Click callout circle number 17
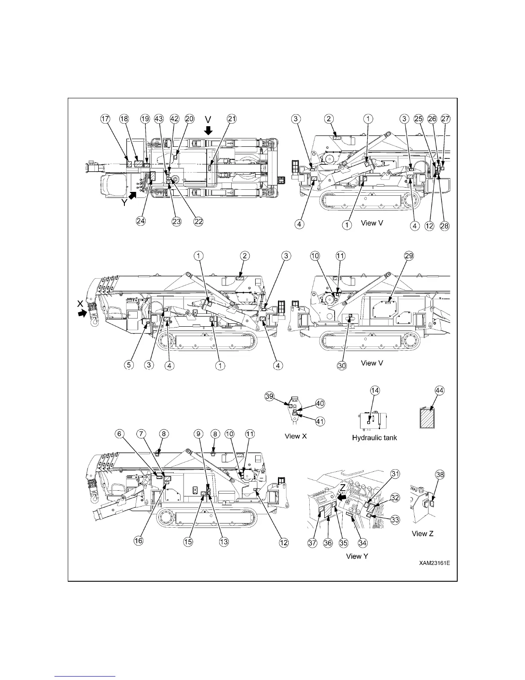coord(106,119)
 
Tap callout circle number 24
coord(141,221)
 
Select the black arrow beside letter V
coord(208,130)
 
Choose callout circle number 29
coord(408,256)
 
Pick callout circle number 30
coord(342,365)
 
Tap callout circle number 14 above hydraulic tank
coord(375,390)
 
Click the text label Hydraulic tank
coord(374,438)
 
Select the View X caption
coord(296,437)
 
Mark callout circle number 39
coord(269,397)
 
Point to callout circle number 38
coord(440,475)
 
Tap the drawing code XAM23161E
coord(434,562)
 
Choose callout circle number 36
coord(328,543)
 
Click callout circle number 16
coord(139,541)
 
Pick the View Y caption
coord(357,556)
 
